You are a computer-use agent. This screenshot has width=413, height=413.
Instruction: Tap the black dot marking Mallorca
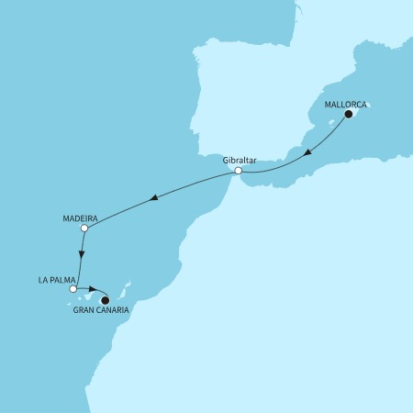click(348, 116)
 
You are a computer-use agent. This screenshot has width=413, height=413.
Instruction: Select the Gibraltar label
click(238, 159)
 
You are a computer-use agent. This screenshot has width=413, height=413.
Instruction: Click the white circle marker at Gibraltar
click(238, 171)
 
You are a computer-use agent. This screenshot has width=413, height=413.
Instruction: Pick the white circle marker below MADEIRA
click(84, 228)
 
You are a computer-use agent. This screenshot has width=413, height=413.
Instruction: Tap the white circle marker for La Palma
click(73, 289)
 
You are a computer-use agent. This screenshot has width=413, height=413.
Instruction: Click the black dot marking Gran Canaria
click(105, 298)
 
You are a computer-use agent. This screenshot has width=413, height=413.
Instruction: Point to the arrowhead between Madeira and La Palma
click(83, 256)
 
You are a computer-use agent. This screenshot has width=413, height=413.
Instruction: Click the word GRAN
click(84, 310)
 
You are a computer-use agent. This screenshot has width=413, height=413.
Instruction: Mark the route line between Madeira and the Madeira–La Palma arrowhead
click(84, 240)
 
